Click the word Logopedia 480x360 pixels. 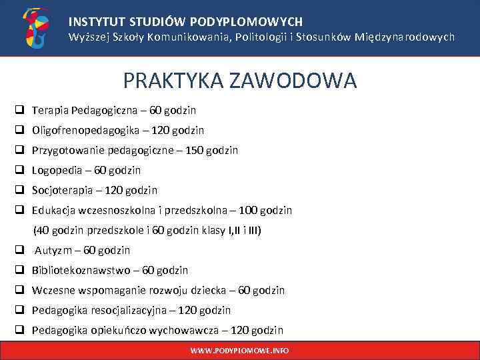[x=58, y=170]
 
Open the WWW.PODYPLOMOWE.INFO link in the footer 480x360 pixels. [x=240, y=350]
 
